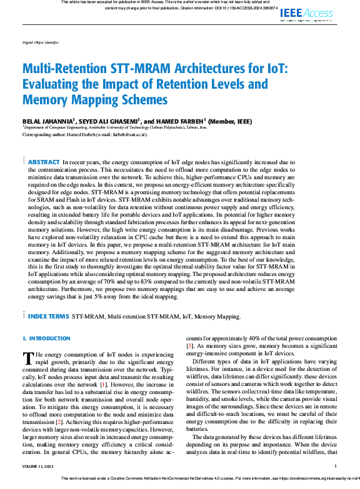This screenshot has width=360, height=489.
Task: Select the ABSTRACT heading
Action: click(44, 161)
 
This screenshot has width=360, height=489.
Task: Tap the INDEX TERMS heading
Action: click(49, 317)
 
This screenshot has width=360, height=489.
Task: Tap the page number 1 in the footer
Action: click(336, 466)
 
